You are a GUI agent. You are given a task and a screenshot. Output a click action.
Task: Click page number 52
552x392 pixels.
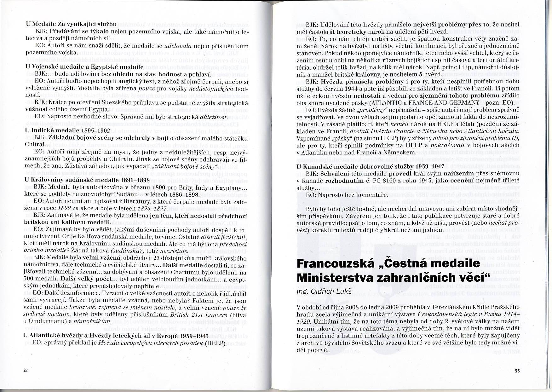click(26, 370)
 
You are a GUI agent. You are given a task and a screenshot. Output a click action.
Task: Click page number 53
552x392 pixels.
click(517, 371)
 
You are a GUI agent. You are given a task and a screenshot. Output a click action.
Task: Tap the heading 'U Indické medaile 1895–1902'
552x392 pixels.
click(67, 130)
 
